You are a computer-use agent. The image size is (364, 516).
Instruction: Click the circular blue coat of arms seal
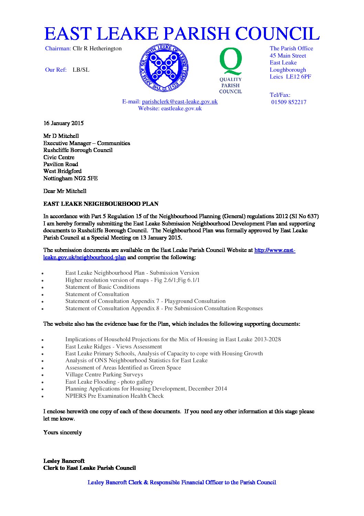pos(164,68)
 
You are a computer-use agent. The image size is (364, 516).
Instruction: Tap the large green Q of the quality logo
pos(231,61)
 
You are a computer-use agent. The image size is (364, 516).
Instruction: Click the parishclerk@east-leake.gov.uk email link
pos(180,101)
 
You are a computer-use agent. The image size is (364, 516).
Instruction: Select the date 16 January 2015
pos(63,123)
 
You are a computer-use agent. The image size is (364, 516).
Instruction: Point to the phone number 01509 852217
pos(289,102)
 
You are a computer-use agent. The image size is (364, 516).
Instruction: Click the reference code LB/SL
pos(81,70)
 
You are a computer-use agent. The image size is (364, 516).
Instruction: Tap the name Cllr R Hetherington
pos(97,48)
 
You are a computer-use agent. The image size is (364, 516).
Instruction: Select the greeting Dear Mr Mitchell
pos(65,191)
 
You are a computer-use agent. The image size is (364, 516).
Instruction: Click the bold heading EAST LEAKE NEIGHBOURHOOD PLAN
pos(101,204)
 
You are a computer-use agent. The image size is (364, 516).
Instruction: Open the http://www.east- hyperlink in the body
pos(275,250)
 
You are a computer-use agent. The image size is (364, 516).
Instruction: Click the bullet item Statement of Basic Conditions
pos(103,287)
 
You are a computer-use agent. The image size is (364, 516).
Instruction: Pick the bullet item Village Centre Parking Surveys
pos(104,374)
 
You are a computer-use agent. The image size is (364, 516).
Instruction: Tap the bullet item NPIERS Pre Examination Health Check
pos(114,396)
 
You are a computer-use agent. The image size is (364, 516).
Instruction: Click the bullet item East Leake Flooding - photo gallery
pos(109,382)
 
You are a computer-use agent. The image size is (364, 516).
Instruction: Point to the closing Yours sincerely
pos(63,432)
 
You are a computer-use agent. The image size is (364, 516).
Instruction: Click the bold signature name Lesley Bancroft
pos(64,461)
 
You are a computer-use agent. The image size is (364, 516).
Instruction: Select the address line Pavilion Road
pos(61,164)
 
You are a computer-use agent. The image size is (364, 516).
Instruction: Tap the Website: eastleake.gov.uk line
pos(170,108)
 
